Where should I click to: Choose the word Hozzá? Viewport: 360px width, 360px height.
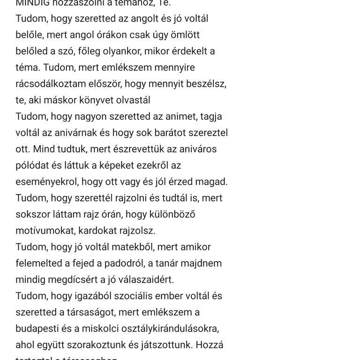point(210,345)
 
